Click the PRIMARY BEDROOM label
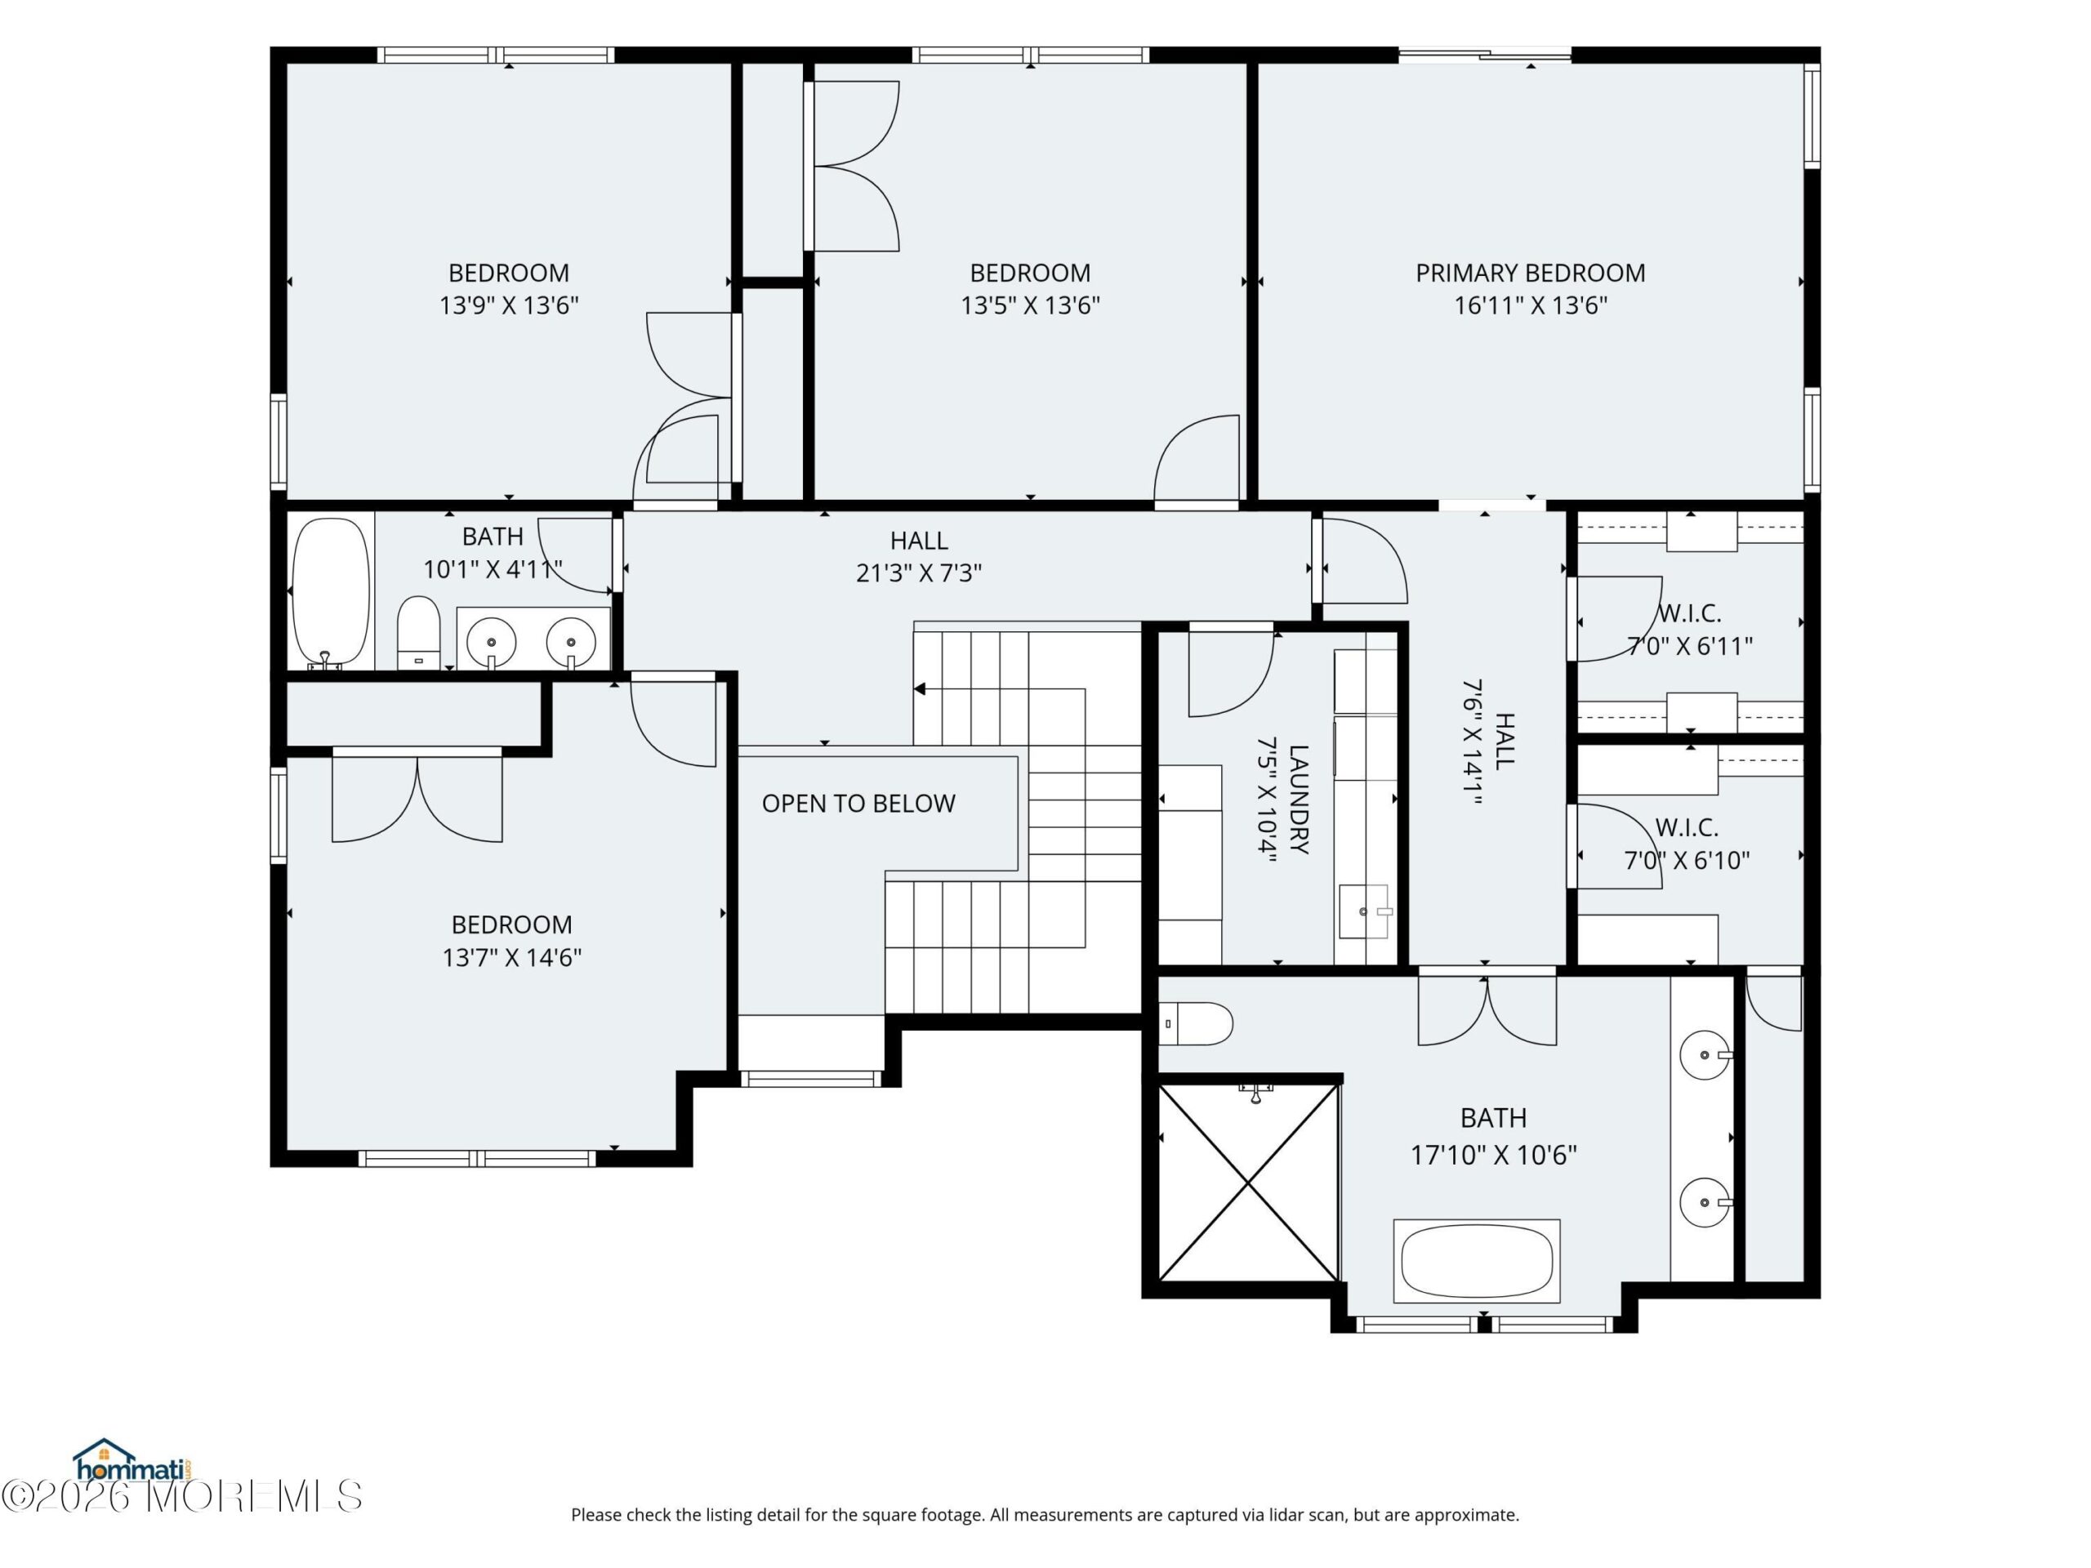click(x=1530, y=273)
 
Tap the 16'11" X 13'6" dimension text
click(x=1530, y=305)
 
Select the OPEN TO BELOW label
click(x=858, y=804)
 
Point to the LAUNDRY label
click(x=1299, y=800)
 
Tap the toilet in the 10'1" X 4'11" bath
click(x=418, y=631)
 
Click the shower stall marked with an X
click(x=1249, y=1183)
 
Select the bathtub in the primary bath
click(x=1477, y=1262)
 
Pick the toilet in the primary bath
click(x=1196, y=1023)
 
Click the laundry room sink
click(x=1365, y=911)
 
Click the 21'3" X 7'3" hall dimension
click(x=919, y=572)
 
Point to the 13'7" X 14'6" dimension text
click(x=511, y=957)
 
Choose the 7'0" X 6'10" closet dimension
click(x=1688, y=860)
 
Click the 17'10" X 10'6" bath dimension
click(x=1494, y=1155)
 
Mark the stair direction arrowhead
click(x=920, y=689)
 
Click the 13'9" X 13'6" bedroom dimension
click(x=509, y=305)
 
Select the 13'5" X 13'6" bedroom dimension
click(x=1030, y=305)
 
